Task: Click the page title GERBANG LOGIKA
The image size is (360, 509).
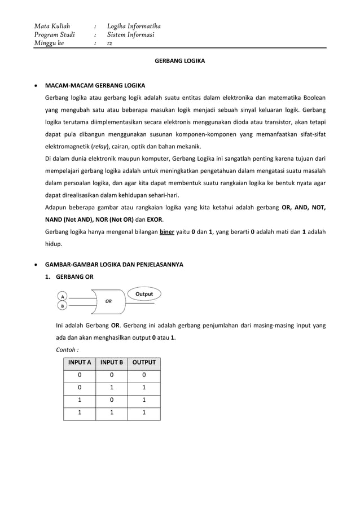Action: [180, 59]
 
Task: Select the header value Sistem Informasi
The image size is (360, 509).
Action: [130, 34]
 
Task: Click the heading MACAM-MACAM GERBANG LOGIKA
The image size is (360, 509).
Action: [95, 86]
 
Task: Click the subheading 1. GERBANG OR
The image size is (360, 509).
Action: [69, 277]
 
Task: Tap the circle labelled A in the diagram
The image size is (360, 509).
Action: [63, 296]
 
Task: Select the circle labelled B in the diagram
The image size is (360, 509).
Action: [63, 306]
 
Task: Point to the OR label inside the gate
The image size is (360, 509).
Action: [107, 301]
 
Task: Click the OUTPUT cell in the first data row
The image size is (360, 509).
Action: [144, 376]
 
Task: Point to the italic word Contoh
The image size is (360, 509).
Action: [67, 350]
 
